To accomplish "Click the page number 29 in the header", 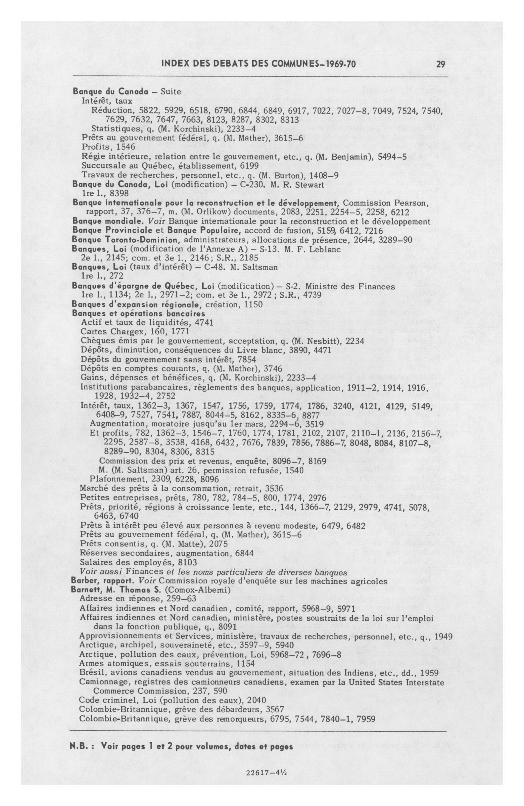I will (x=440, y=64).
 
